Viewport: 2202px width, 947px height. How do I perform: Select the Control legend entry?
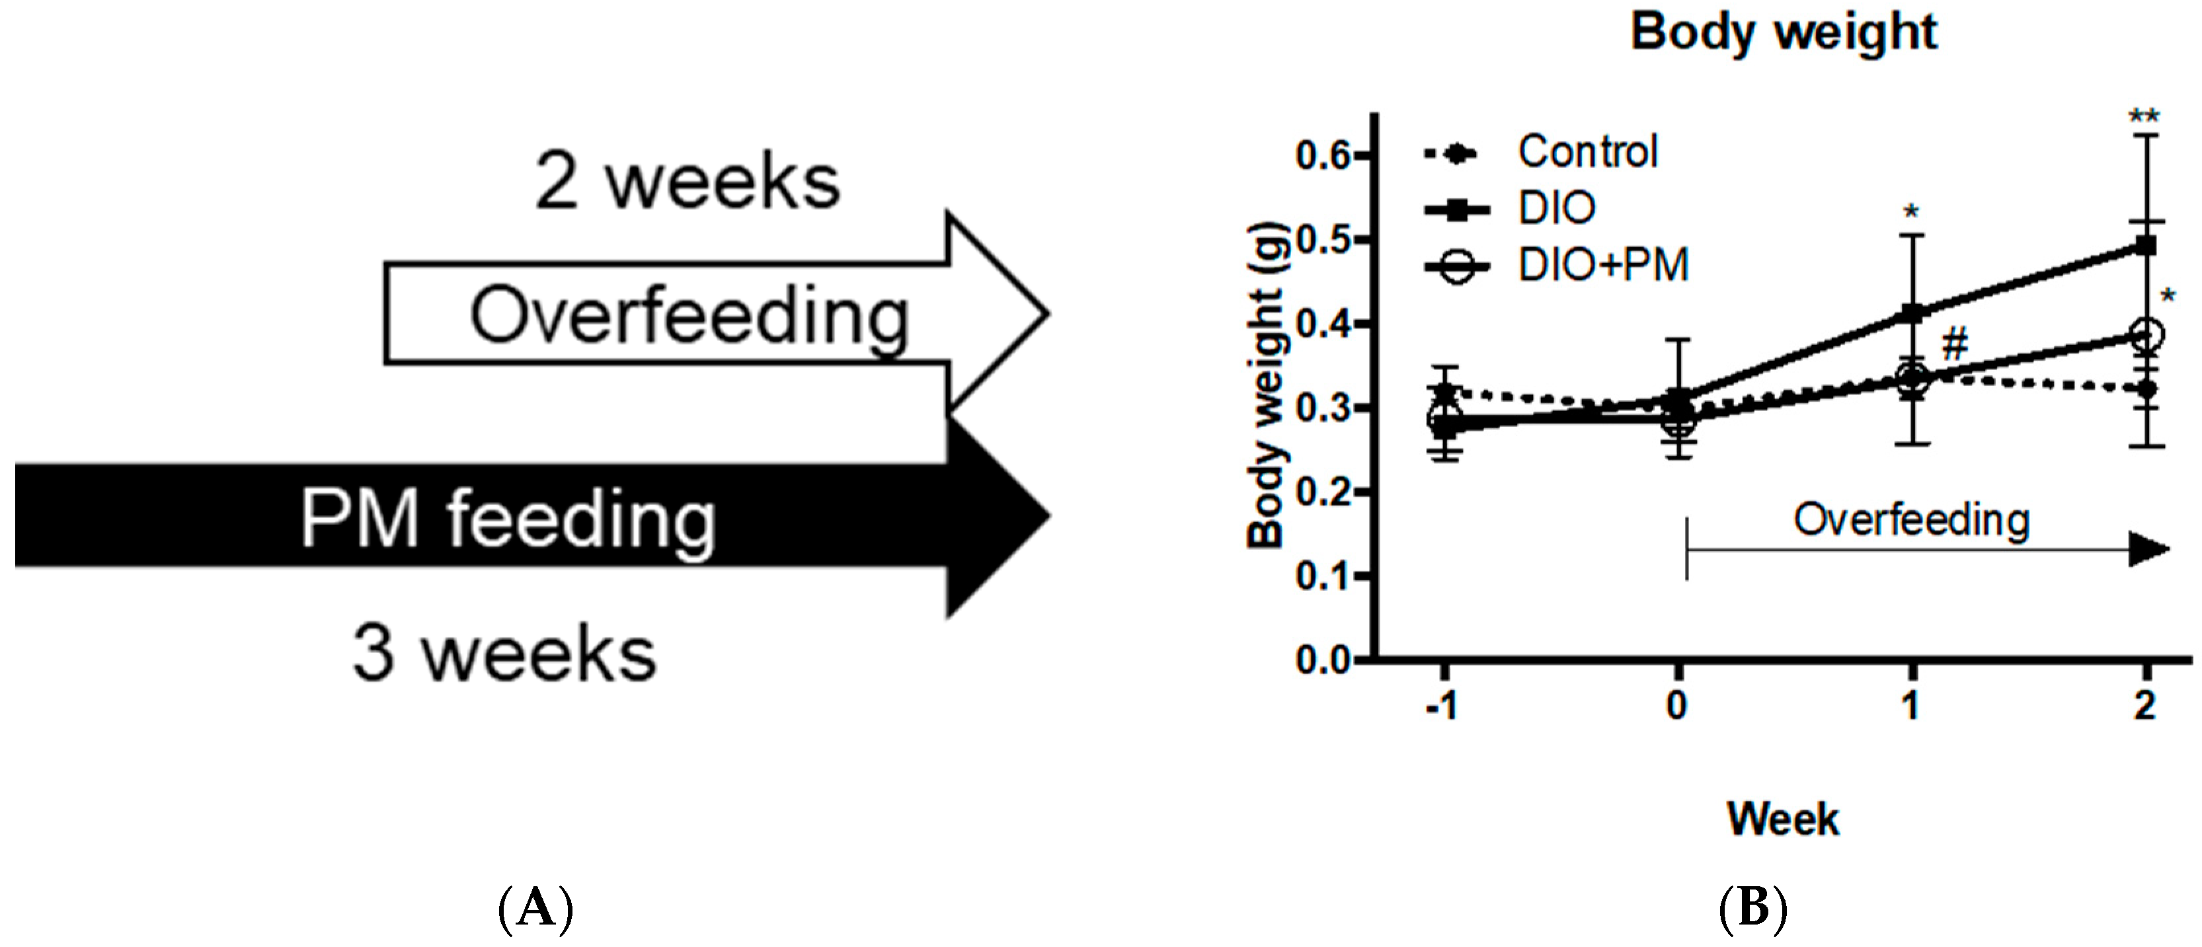tap(1587, 152)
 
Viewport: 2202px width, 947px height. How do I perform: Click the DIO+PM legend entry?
tap(1603, 265)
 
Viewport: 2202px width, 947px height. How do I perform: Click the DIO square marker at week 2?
tap(2146, 246)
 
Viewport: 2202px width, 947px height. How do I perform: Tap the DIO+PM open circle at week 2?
tap(2146, 335)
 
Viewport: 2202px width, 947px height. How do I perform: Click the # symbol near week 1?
tap(1955, 346)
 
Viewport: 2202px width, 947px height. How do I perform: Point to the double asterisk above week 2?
tap(2144, 116)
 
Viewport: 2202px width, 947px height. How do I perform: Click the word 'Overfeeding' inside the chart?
tap(1911, 519)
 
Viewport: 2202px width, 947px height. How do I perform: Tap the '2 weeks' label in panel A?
tap(688, 182)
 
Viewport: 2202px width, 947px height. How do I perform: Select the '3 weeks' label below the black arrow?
tap(504, 655)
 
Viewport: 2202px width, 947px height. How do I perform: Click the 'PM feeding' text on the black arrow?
tap(508, 519)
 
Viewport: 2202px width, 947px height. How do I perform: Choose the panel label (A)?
tap(535, 908)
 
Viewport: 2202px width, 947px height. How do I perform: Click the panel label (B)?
tap(1752, 908)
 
